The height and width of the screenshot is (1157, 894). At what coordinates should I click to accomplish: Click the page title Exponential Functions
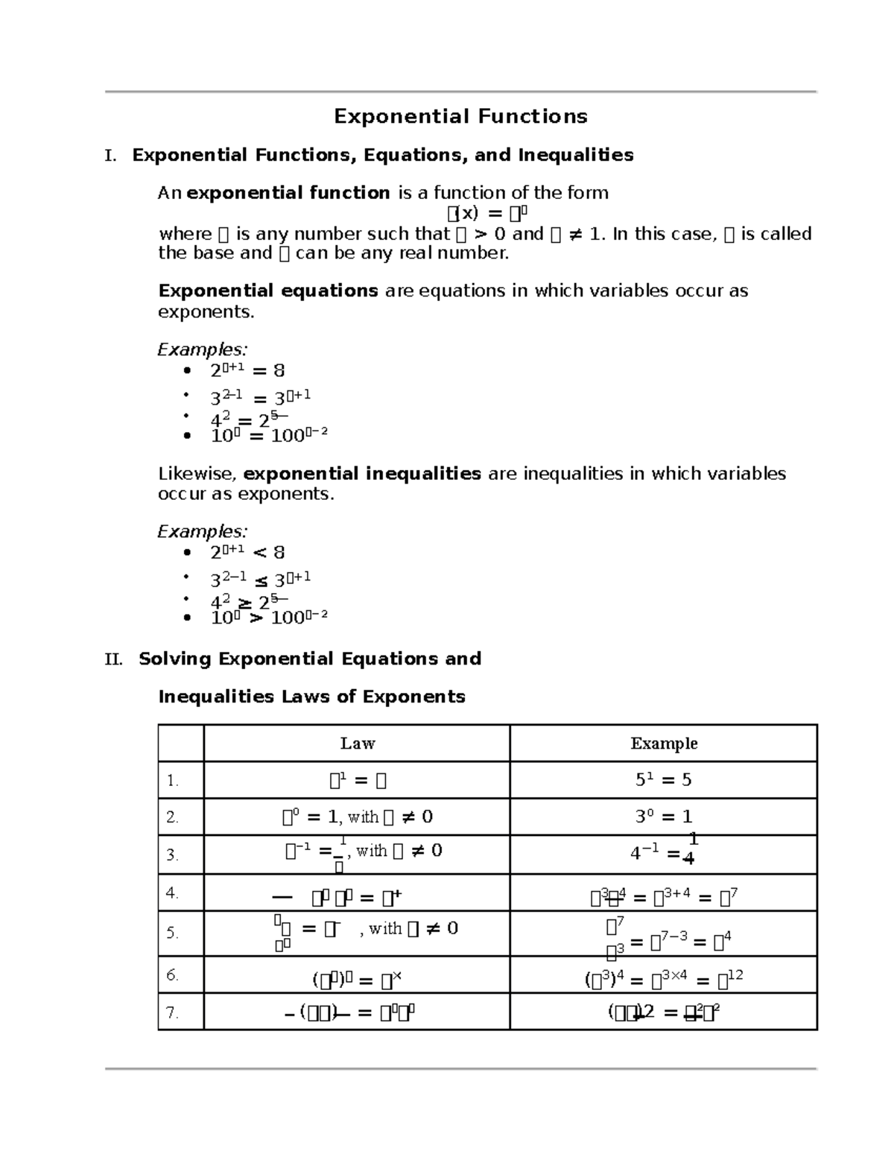(460, 116)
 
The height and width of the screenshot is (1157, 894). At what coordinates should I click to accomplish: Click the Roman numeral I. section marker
(110, 156)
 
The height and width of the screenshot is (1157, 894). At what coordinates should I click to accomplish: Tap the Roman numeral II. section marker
(113, 659)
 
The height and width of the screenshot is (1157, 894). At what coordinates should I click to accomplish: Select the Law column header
(357, 744)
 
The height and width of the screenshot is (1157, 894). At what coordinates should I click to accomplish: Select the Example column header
(664, 744)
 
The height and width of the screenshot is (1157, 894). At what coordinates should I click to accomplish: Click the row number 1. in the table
(172, 781)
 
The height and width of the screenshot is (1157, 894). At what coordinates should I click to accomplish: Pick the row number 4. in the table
(172, 893)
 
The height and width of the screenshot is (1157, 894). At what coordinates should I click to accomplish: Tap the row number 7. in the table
(172, 1012)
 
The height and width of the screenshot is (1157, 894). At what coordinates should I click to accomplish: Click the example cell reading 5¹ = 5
(663, 780)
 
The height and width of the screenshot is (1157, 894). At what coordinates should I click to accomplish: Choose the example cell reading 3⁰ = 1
(663, 817)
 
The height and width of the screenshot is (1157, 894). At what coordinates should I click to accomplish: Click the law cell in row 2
(357, 817)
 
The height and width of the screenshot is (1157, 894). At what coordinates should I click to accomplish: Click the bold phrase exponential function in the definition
(288, 193)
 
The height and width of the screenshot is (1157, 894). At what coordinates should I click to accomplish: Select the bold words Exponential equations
(268, 291)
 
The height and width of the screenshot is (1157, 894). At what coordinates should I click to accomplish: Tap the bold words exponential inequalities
(362, 474)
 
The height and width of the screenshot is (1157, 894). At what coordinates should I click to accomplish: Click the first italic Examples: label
(202, 349)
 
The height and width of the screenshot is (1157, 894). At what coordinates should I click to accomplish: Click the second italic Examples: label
(202, 532)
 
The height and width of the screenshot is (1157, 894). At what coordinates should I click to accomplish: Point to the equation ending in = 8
(247, 370)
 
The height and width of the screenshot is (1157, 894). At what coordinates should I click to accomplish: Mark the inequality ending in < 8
(247, 552)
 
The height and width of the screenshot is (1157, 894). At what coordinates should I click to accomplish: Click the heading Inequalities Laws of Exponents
(311, 697)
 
